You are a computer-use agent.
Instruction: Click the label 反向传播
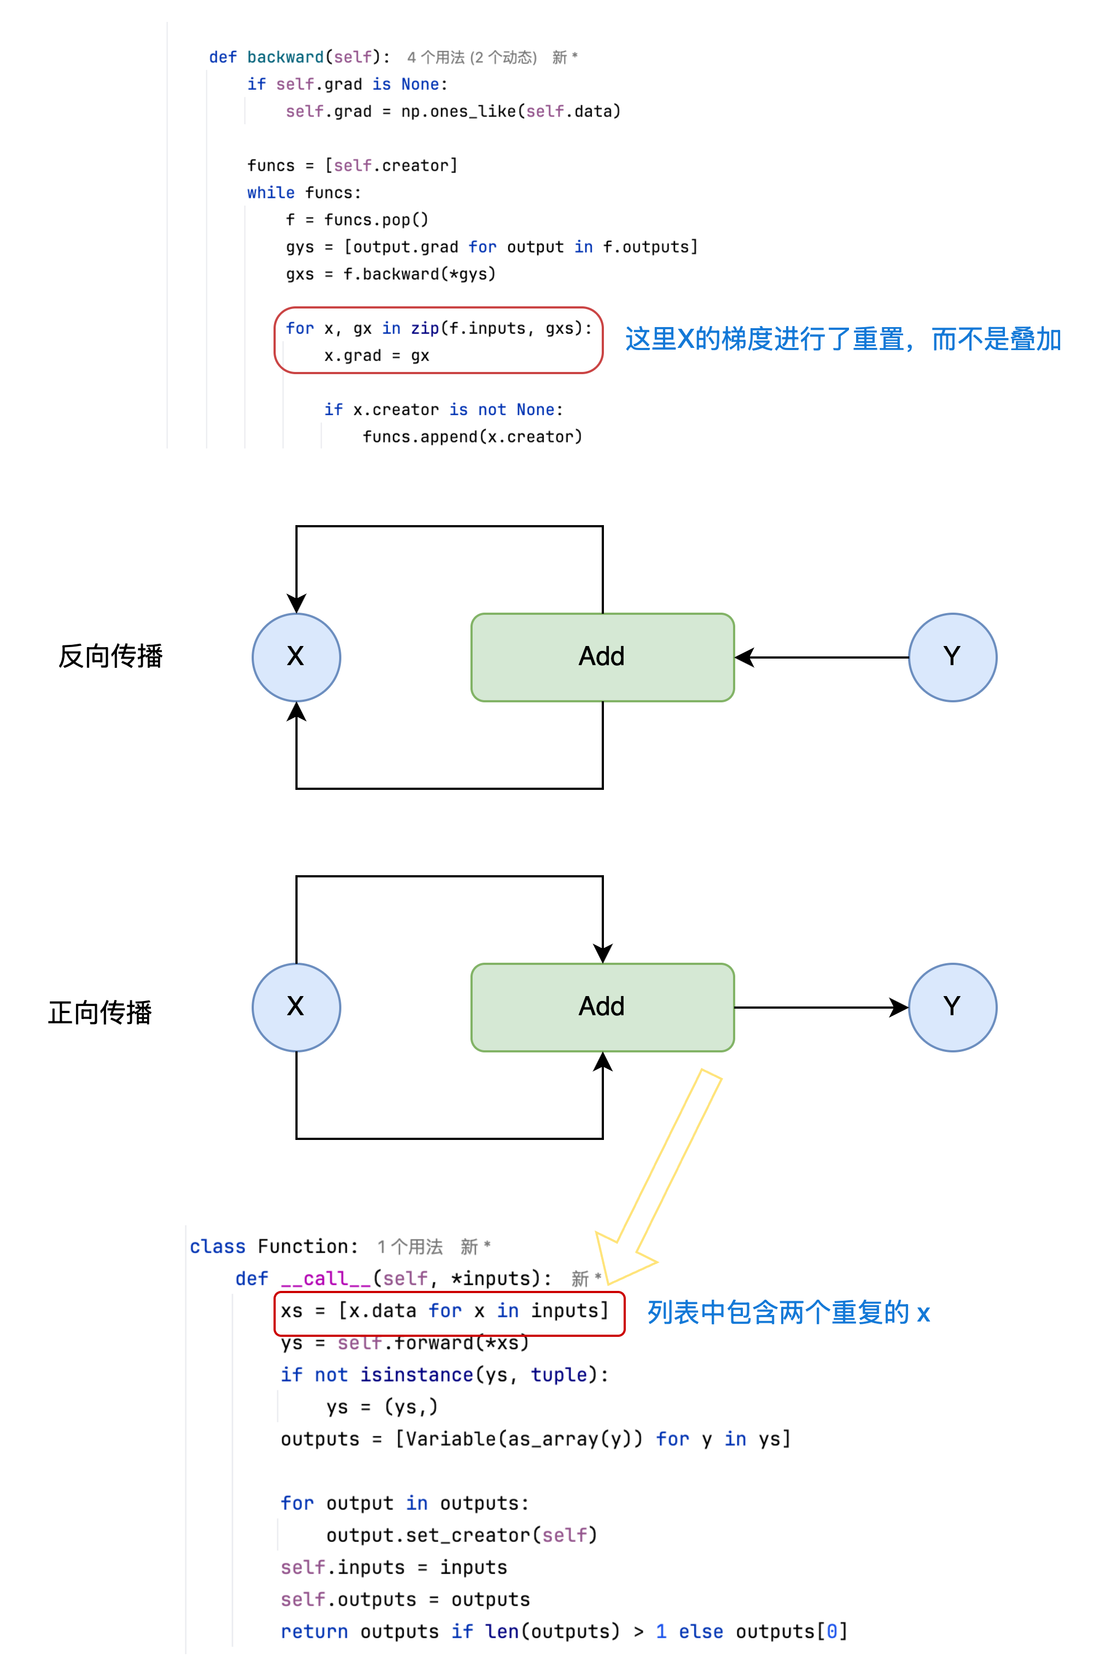coord(111,656)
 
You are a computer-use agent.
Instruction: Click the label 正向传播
coord(100,1012)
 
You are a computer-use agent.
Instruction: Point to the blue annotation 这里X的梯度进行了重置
coord(765,339)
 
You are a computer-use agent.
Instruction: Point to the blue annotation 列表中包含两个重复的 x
coord(789,1312)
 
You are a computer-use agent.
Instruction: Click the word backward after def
coord(286,57)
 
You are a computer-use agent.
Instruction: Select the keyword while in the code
coord(271,193)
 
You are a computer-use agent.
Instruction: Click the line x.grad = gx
coord(376,356)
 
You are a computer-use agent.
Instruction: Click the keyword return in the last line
coord(315,1632)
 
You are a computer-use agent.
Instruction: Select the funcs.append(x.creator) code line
coord(472,437)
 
